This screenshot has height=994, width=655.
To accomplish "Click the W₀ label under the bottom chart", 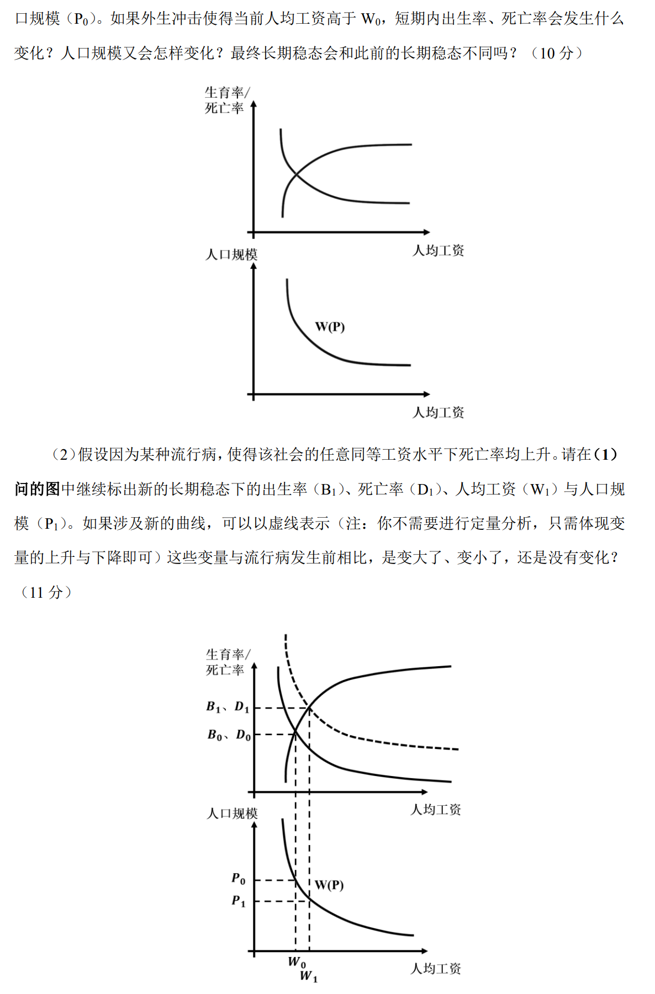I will point(297,962).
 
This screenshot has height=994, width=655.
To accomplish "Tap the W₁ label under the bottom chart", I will point(308,976).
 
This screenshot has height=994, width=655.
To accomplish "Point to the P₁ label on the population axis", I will point(238,901).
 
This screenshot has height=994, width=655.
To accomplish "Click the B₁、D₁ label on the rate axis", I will point(228,707).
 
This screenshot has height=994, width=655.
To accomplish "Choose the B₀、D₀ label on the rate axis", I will point(229,735).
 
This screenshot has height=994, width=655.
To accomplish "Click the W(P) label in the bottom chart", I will point(329,885).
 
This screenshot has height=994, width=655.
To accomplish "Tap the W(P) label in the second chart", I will point(330,327).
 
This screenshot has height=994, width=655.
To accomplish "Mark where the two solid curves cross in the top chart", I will point(297,175).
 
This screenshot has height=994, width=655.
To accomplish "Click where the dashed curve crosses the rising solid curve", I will point(309,708).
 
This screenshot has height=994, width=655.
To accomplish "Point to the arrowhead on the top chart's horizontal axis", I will point(426,232).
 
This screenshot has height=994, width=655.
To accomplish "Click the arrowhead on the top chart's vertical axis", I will point(253,104).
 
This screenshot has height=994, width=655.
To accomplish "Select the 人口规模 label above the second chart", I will point(231,254).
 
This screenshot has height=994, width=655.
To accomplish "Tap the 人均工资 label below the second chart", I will point(438,412).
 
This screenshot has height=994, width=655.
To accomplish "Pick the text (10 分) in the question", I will point(557,53).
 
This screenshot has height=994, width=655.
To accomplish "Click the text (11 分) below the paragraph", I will point(46,592).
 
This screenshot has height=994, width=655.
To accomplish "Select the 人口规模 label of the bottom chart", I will point(232,814).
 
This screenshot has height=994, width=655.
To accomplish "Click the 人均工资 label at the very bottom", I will point(435,969).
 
